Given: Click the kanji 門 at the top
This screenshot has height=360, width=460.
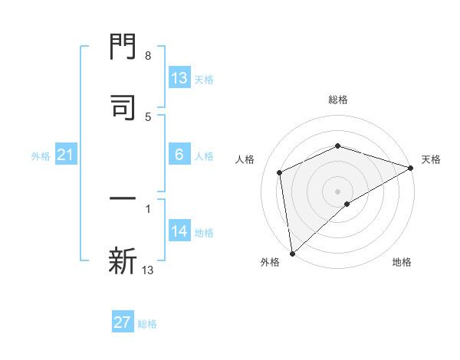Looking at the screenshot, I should coord(123,47).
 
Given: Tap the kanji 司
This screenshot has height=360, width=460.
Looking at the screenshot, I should coord(123,106).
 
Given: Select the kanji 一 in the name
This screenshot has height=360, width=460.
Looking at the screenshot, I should coord(123,200).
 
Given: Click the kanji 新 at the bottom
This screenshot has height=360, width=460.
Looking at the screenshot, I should coord(123,260).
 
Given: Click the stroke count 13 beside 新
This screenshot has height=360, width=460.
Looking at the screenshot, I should coord(148,270).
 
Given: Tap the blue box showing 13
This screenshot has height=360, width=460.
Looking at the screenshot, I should coord(179,78).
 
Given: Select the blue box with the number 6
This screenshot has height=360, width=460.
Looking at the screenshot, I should coord(179,155).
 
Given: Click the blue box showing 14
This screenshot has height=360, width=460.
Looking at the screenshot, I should coord(179,232).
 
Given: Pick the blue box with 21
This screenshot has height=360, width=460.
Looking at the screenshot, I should coord(66,155).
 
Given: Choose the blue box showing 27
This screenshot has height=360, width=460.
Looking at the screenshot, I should coord(123,322).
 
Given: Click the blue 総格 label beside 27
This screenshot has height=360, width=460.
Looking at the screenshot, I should coord(147,324).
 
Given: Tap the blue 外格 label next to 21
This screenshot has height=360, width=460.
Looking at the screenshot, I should coord(41,156).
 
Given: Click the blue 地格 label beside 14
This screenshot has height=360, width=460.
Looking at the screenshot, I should coord(204,233).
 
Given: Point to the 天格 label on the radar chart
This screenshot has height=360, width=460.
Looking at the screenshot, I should coord(431,159).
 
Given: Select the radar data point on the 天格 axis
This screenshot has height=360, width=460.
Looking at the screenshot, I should coord(411,168).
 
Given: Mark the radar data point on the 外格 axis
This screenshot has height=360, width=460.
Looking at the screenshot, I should coord(292,253).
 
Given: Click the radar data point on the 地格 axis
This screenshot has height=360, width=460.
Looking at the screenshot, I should coord(347,204).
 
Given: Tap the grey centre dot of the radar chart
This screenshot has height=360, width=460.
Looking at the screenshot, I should coord(337,191).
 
